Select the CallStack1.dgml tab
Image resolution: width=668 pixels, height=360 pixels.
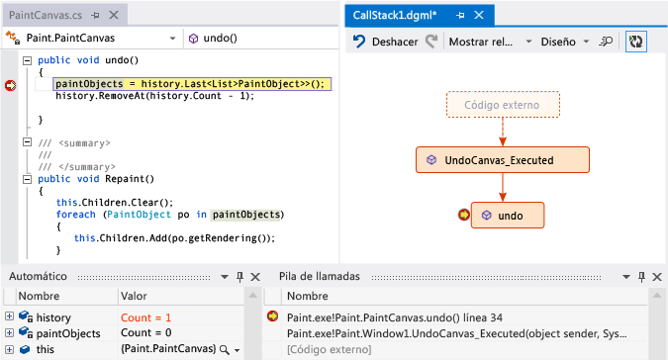(x=397, y=16)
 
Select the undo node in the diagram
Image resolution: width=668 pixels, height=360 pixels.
(x=509, y=215)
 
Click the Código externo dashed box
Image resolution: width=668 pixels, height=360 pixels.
(x=503, y=105)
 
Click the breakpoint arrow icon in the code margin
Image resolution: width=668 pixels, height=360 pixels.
(x=11, y=86)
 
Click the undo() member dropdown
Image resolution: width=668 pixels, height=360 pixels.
(x=257, y=38)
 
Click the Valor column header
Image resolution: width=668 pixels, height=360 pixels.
(x=134, y=296)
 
